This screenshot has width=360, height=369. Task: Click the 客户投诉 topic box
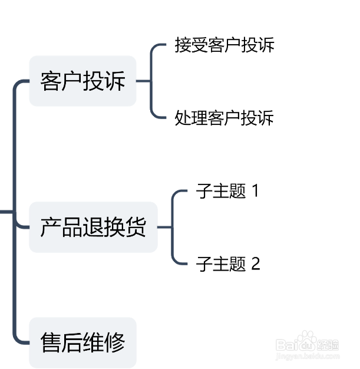pyautogui.click(x=82, y=81)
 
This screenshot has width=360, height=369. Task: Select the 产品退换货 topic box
pyautogui.click(x=93, y=227)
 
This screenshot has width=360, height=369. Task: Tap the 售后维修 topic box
pyautogui.click(x=82, y=342)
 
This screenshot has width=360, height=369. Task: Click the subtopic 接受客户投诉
pyautogui.click(x=224, y=45)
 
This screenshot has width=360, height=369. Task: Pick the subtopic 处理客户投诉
pyautogui.click(x=224, y=118)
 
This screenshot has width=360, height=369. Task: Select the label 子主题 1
pyautogui.click(x=227, y=192)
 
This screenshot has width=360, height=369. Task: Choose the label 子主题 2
pyautogui.click(x=227, y=263)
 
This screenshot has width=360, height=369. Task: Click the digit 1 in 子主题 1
pyautogui.click(x=255, y=192)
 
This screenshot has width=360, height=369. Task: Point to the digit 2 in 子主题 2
pyautogui.click(x=255, y=263)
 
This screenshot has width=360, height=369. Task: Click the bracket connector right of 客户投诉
pyautogui.click(x=151, y=81)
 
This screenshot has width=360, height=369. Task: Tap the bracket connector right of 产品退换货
pyautogui.click(x=172, y=227)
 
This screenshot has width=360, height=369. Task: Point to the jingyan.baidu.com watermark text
pyautogui.click(x=308, y=355)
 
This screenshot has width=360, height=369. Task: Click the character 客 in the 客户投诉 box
pyautogui.click(x=51, y=81)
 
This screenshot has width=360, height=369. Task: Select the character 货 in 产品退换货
pyautogui.click(x=136, y=227)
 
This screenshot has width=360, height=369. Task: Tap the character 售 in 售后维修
pyautogui.click(x=51, y=342)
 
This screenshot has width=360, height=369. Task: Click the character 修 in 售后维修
pyautogui.click(x=114, y=342)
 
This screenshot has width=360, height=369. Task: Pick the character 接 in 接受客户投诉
pyautogui.click(x=183, y=45)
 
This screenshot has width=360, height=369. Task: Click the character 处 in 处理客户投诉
pyautogui.click(x=183, y=118)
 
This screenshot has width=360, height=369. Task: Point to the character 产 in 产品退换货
pyautogui.click(x=51, y=227)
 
